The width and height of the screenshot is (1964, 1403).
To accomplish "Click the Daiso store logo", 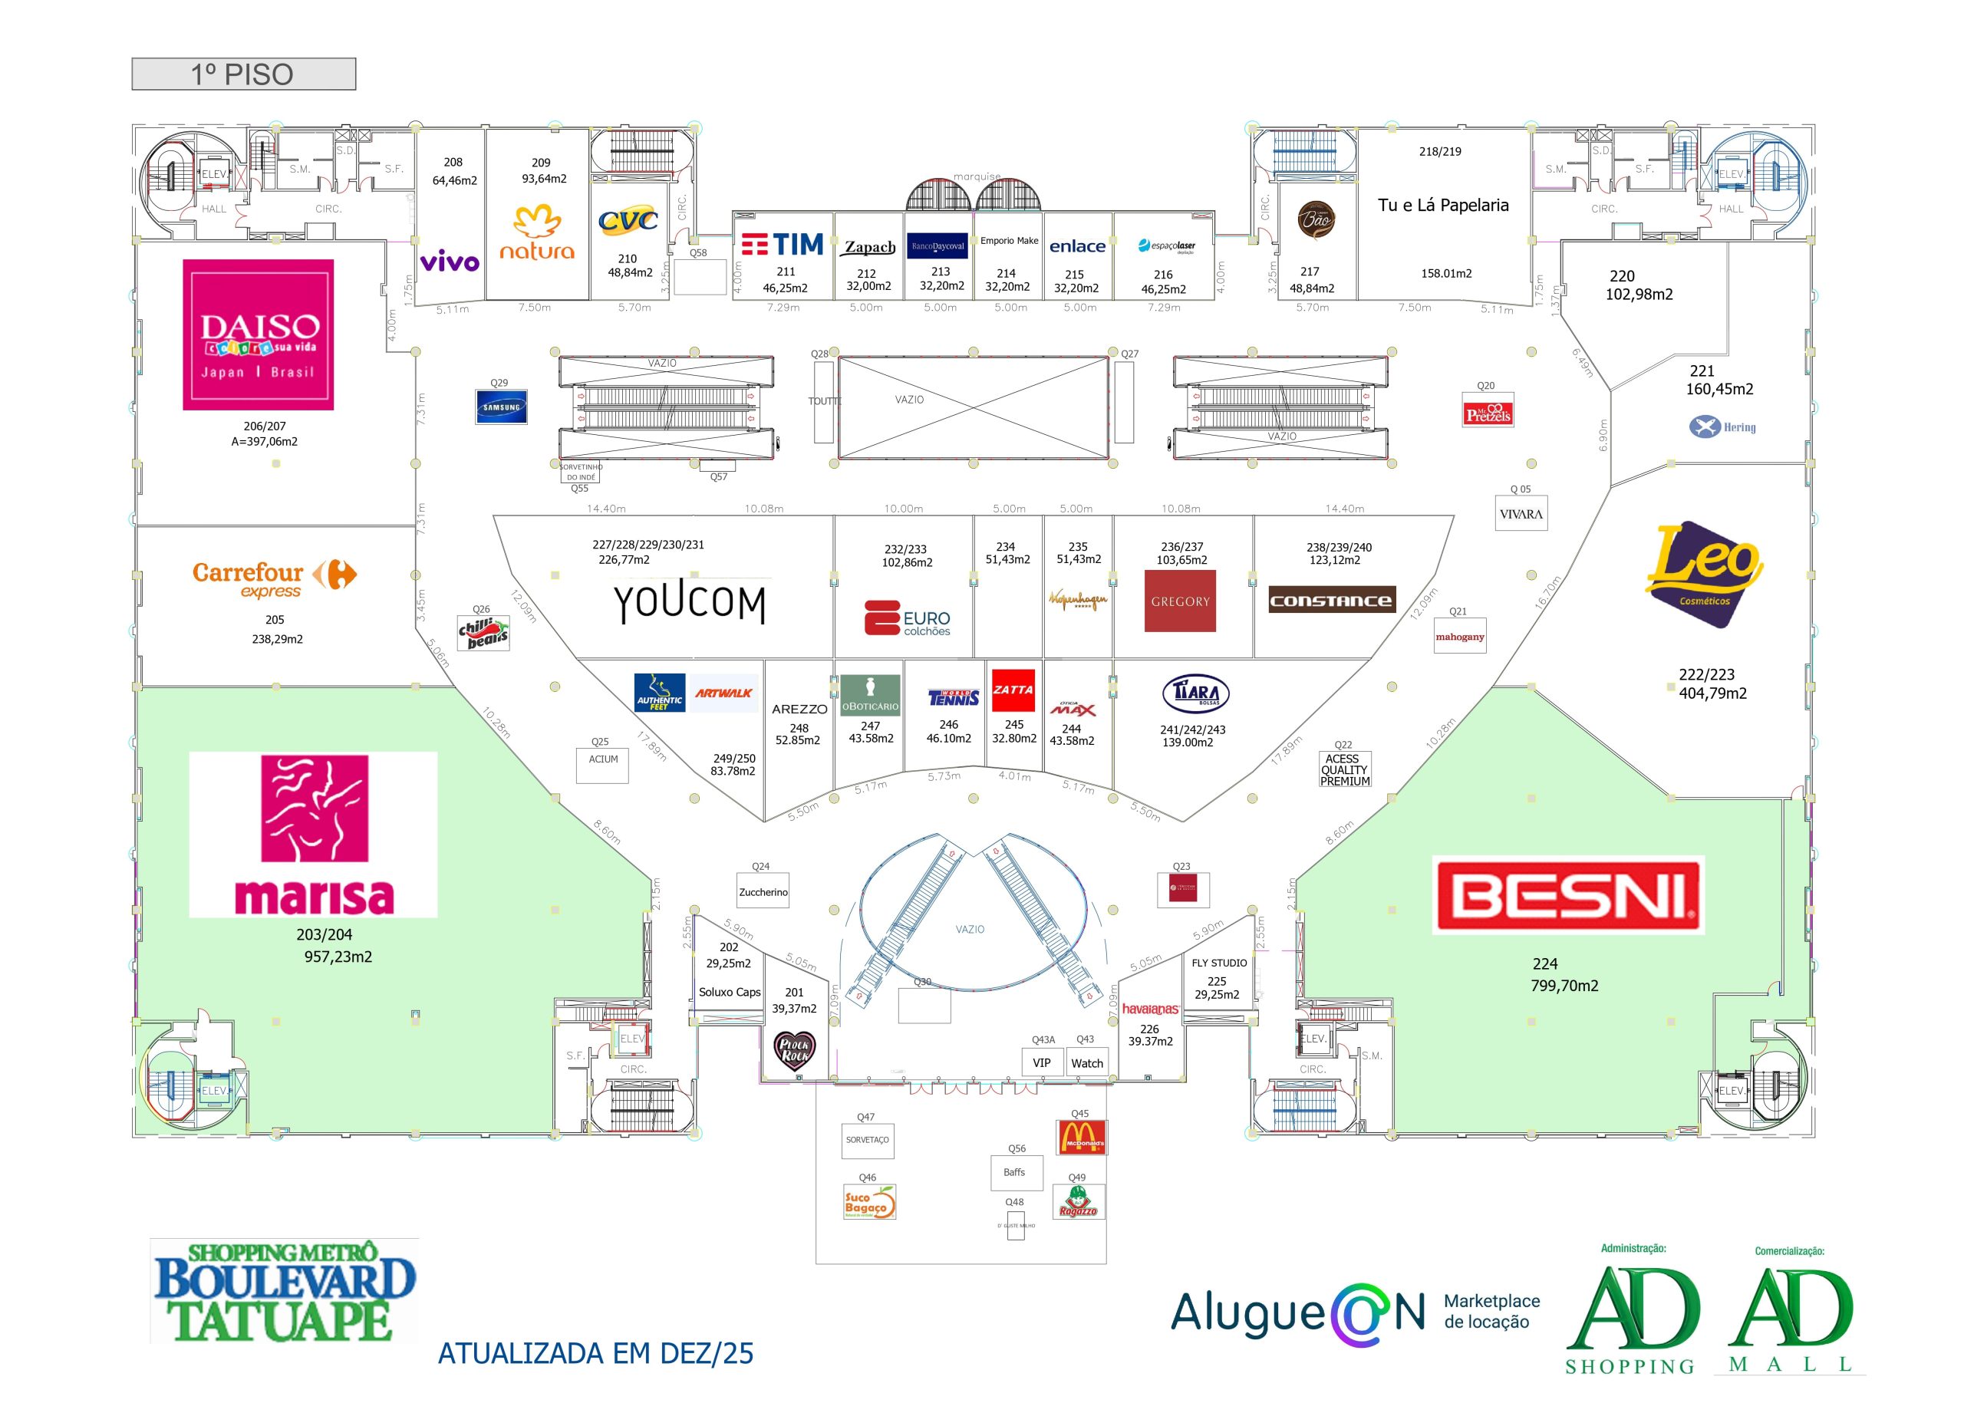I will [258, 334].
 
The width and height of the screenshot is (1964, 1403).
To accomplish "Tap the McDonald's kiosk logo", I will [1081, 1137].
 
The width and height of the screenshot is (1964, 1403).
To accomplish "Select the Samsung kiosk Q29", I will [501, 407].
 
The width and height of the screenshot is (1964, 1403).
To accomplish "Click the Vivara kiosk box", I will [1521, 514].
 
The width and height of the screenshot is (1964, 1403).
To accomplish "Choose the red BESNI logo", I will [1567, 895].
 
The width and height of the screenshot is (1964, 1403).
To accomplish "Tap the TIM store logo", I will [782, 245].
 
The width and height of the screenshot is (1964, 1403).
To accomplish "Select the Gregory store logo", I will [1179, 601].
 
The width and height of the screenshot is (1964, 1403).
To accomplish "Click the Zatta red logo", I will [1013, 690].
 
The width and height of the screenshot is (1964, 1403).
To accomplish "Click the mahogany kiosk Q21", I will [1459, 637].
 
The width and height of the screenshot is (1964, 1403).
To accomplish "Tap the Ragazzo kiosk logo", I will [1079, 1202].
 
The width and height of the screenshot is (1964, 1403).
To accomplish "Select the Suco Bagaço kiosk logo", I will [868, 1202].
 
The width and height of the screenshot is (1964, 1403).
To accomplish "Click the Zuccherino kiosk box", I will [763, 892].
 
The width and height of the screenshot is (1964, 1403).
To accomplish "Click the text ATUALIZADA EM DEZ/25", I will [595, 1353].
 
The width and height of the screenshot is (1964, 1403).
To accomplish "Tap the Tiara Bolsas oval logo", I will [1195, 693].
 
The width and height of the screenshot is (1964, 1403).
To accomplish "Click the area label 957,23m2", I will [338, 957].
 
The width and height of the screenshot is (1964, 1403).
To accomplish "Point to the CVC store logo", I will [628, 221].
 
